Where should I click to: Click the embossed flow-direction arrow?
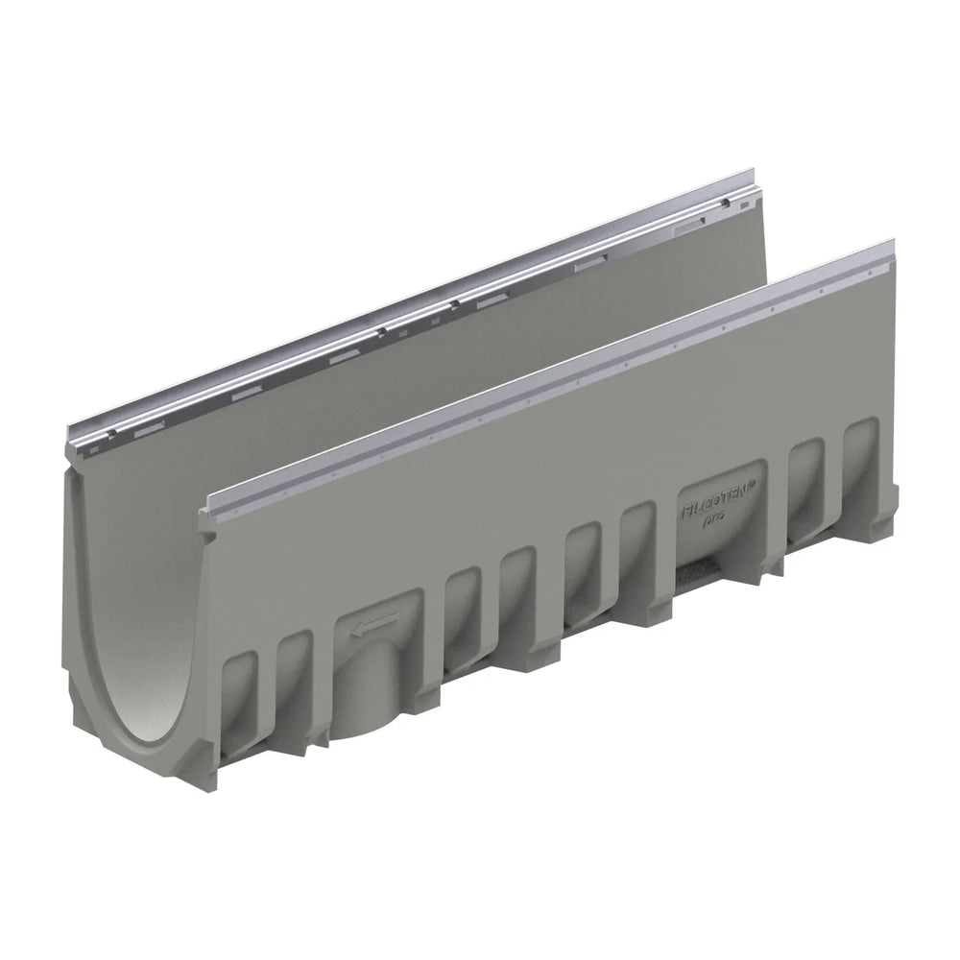tap(374, 630)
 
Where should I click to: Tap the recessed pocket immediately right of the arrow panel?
tap(463, 614)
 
